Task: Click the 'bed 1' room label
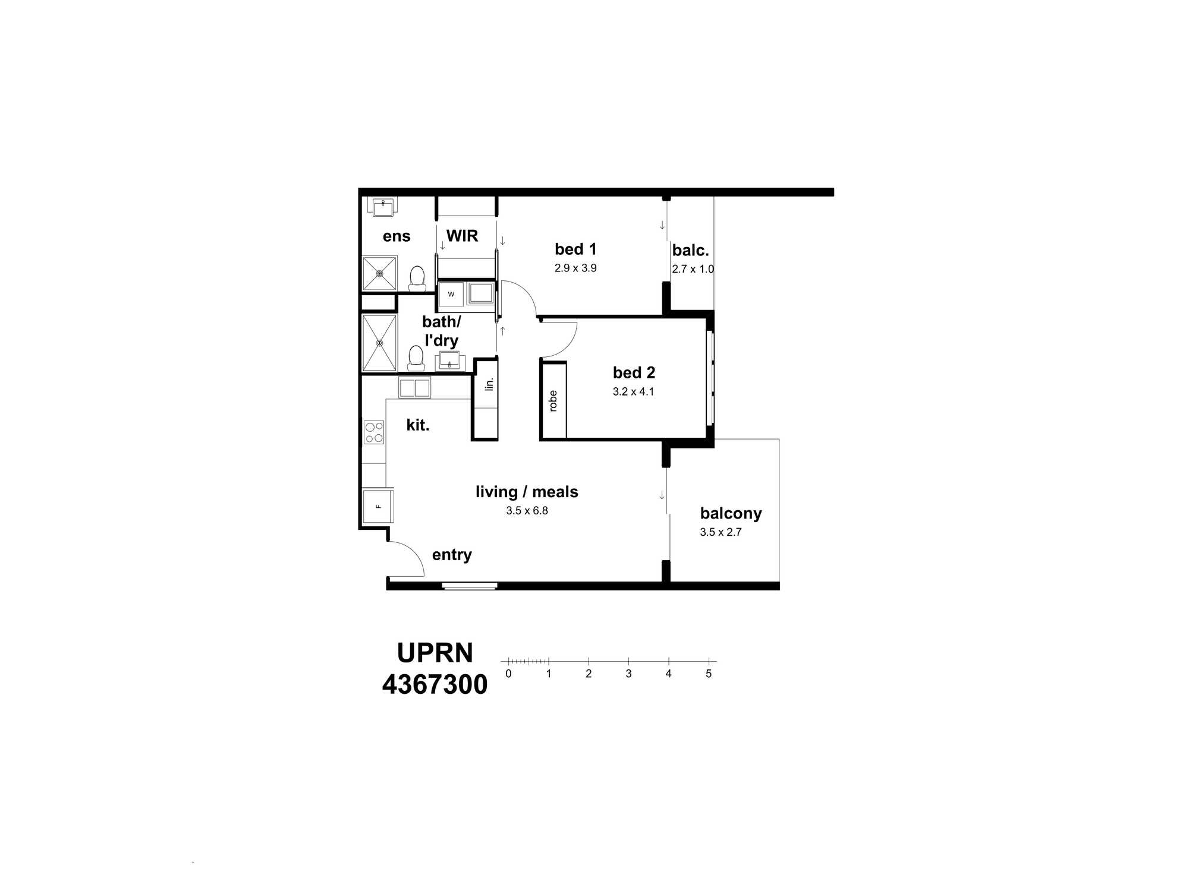pyautogui.click(x=575, y=249)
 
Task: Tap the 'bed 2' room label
pyautogui.click(x=634, y=372)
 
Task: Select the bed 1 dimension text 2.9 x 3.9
pyautogui.click(x=575, y=268)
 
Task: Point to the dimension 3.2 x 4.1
pyautogui.click(x=633, y=391)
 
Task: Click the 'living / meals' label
pyautogui.click(x=527, y=492)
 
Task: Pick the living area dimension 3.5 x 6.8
pyautogui.click(x=527, y=510)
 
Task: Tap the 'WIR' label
pyautogui.click(x=462, y=236)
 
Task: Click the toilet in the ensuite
pyautogui.click(x=417, y=278)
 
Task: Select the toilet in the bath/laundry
pyautogui.click(x=416, y=358)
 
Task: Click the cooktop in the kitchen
pyautogui.click(x=374, y=432)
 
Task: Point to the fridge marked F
pyautogui.click(x=378, y=506)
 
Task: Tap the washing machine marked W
pyautogui.click(x=451, y=294)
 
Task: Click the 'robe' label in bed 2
pyautogui.click(x=553, y=401)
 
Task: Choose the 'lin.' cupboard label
pyautogui.click(x=489, y=384)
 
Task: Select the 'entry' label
pyautogui.click(x=452, y=555)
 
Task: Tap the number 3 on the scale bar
pyautogui.click(x=628, y=674)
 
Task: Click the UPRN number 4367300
pyautogui.click(x=435, y=684)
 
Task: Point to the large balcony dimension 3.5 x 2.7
pyautogui.click(x=721, y=532)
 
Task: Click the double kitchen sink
pyautogui.click(x=414, y=388)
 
